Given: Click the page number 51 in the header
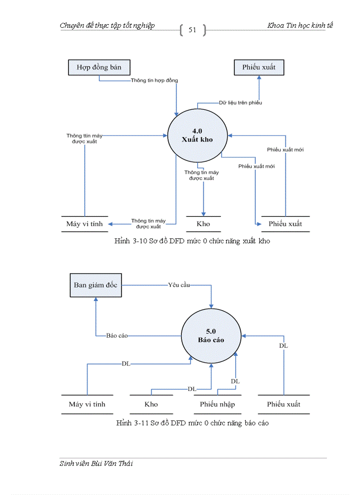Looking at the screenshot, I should (192, 30).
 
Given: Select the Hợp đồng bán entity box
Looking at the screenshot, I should (99, 67).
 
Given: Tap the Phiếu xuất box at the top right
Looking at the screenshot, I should (259, 67).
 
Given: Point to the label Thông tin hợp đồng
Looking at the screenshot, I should (154, 81).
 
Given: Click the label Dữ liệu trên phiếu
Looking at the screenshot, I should (240, 103).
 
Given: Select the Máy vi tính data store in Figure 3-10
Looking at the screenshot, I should (84, 224).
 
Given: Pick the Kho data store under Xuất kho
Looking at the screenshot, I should (203, 224).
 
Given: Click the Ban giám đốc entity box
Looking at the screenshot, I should (95, 285).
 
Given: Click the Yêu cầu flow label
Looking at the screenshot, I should (179, 285).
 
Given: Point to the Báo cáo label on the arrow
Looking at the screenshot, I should (117, 335).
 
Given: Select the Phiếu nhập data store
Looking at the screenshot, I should (217, 404).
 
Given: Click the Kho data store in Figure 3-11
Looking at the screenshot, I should (151, 404).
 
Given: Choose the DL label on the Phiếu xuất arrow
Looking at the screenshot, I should (283, 346).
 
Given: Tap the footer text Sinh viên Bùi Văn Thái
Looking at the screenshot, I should (96, 464).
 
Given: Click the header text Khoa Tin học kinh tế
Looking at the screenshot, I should (300, 26).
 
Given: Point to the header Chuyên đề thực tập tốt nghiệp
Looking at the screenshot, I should (107, 26).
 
